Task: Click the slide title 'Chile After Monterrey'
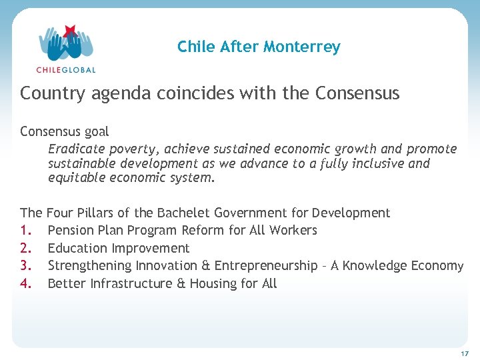(259, 47)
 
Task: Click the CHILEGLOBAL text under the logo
(66, 69)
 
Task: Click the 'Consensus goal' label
(65, 131)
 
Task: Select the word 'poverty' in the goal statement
(133, 149)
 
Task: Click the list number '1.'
(26, 230)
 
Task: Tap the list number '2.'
(26, 248)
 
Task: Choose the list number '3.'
(26, 265)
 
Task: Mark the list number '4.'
(26, 283)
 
